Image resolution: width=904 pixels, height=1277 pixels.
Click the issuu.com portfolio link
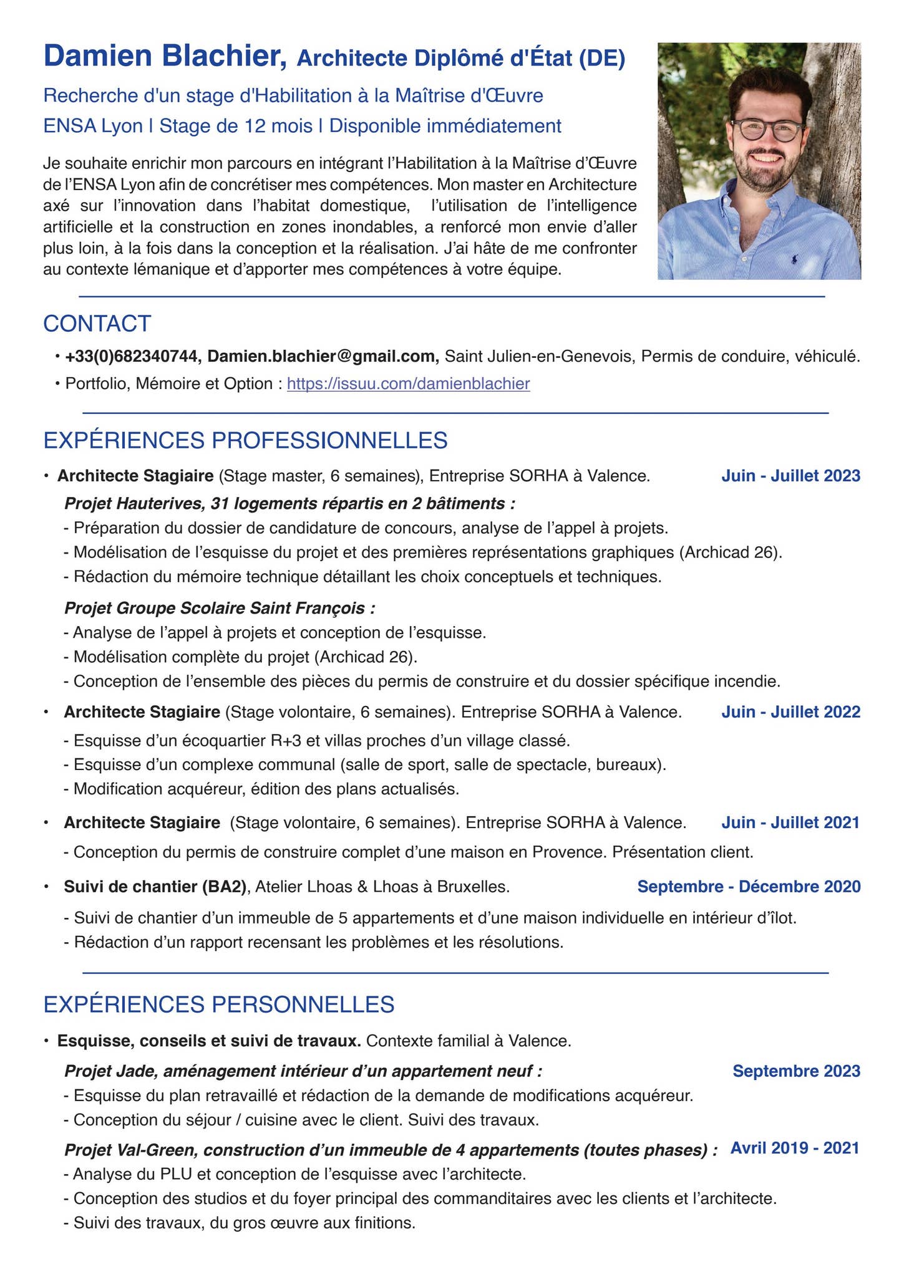[408, 383]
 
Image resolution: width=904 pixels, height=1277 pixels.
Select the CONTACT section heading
[97, 324]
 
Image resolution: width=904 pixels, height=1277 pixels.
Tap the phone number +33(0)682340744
[132, 357]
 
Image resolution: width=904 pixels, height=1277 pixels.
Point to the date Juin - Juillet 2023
[790, 476]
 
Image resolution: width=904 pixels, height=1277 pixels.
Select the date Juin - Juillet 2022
[790, 712]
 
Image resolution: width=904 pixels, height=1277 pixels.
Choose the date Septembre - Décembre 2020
[749, 887]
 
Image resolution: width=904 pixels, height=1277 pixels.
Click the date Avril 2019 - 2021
[795, 1148]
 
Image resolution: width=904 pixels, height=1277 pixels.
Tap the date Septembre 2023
[796, 1071]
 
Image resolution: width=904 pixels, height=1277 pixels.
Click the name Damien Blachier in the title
[165, 56]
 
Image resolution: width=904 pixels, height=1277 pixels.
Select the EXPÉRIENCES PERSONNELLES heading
[219, 1005]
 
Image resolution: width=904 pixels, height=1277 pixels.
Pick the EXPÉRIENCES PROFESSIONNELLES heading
[245, 440]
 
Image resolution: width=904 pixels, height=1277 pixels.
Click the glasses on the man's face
[766, 131]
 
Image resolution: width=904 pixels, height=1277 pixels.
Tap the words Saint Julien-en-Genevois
[540, 357]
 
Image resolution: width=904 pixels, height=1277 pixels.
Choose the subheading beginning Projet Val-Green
[390, 1150]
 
